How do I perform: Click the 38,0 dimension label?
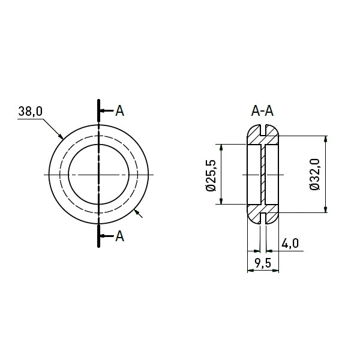[x=31, y=112]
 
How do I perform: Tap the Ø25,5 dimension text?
[x=211, y=175]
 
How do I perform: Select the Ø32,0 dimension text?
[x=315, y=174]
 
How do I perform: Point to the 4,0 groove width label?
[x=290, y=244]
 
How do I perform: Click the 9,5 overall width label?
[x=263, y=263]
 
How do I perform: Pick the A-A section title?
[x=262, y=112]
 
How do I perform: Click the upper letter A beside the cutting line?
[x=119, y=111]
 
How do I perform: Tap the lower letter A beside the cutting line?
[x=119, y=236]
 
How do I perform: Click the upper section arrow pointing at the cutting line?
[x=106, y=111]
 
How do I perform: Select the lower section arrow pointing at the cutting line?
[x=106, y=236]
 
